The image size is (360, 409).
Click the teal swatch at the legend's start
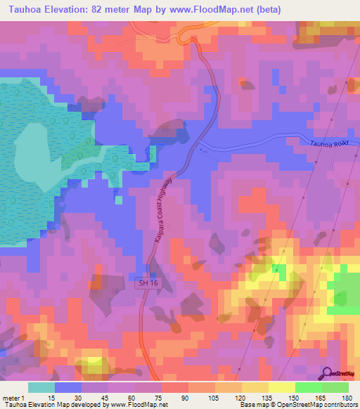click(41, 387)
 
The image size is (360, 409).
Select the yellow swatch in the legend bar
click(281, 387)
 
